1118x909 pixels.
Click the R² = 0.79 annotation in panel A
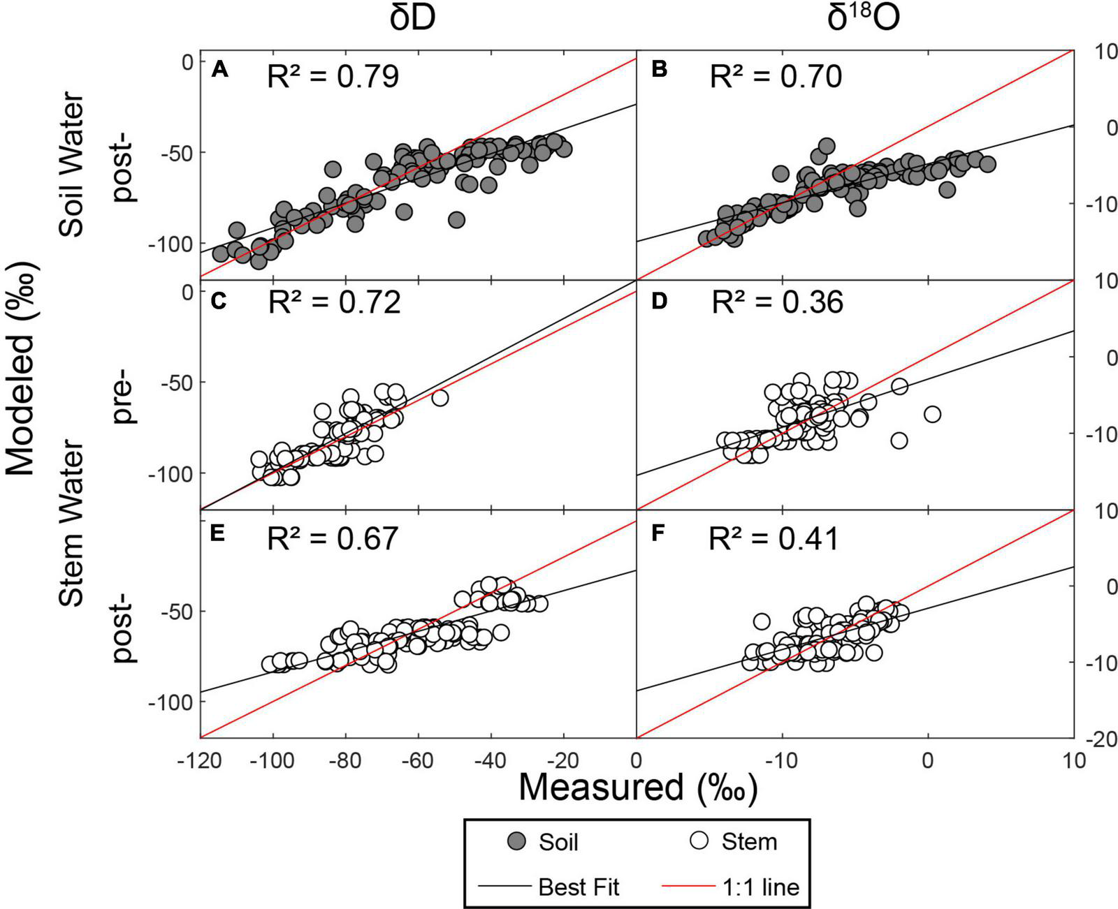click(x=333, y=76)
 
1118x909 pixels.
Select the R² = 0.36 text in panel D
click(x=777, y=302)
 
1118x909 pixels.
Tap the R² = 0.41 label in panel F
click(x=774, y=539)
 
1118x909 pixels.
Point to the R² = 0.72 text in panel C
click(x=334, y=302)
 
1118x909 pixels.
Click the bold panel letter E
click(x=217, y=534)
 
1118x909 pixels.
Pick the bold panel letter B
click(x=658, y=70)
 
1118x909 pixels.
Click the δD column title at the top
click(x=412, y=20)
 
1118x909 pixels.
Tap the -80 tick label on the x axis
click(x=345, y=760)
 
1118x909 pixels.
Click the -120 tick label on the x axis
click(x=201, y=760)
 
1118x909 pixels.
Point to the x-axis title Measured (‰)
click(x=637, y=788)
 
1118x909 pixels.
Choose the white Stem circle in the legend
click(x=699, y=841)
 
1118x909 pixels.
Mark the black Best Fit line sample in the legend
click(x=504, y=887)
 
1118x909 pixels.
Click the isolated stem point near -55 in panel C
click(x=440, y=398)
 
